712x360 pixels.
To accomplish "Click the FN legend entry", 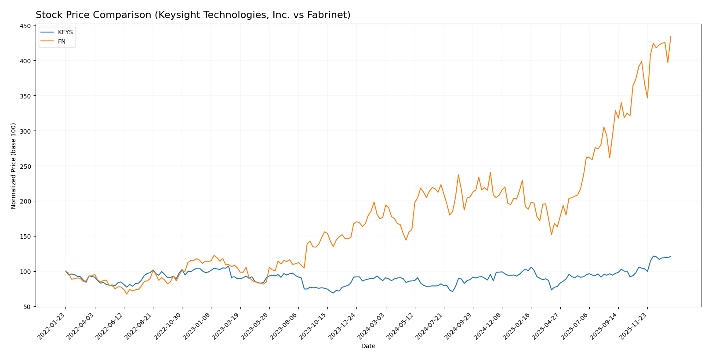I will [62, 41].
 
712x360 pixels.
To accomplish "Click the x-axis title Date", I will [368, 346].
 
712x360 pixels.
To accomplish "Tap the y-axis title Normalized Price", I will [14, 166].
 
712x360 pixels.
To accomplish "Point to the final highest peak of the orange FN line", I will [671, 36].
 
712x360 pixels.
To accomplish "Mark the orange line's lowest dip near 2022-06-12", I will [127, 294].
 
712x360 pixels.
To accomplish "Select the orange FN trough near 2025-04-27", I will [551, 235].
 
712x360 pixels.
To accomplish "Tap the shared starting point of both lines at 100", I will [65, 271].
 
